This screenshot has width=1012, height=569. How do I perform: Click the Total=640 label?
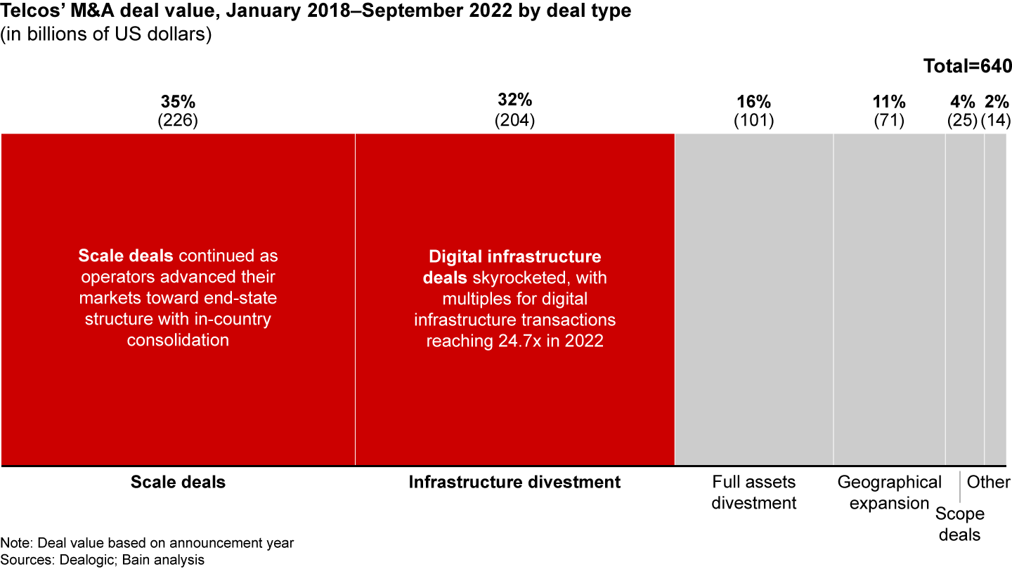[x=966, y=67]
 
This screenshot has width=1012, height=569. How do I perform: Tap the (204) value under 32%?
[x=514, y=120]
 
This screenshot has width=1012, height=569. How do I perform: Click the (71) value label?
[x=888, y=120]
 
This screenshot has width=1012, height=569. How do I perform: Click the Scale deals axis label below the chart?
[x=178, y=482]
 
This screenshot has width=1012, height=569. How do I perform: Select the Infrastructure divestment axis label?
[x=514, y=482]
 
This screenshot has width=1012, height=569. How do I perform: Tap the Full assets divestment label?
[x=753, y=492]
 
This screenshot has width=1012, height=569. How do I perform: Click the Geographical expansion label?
[x=889, y=492]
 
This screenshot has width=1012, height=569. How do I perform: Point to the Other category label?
[x=988, y=482]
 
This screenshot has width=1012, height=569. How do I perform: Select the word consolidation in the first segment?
[x=178, y=341]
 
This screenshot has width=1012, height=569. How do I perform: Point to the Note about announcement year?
[x=147, y=542]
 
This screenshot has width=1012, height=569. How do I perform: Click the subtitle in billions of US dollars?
[x=105, y=35]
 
